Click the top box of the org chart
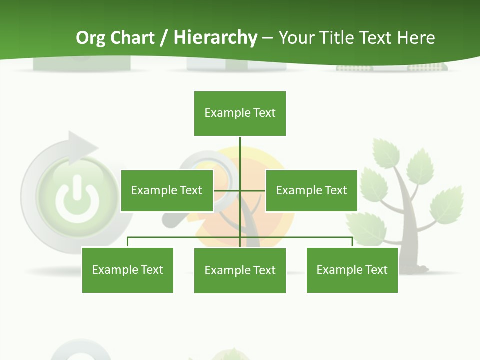point(240,113)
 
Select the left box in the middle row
point(167,190)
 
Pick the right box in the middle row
point(311,190)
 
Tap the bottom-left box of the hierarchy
point(127,270)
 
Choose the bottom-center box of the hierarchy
point(240,270)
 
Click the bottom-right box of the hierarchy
point(352,270)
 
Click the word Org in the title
point(90,38)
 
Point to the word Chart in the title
point(132,38)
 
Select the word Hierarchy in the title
point(215,38)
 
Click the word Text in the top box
point(264,113)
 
